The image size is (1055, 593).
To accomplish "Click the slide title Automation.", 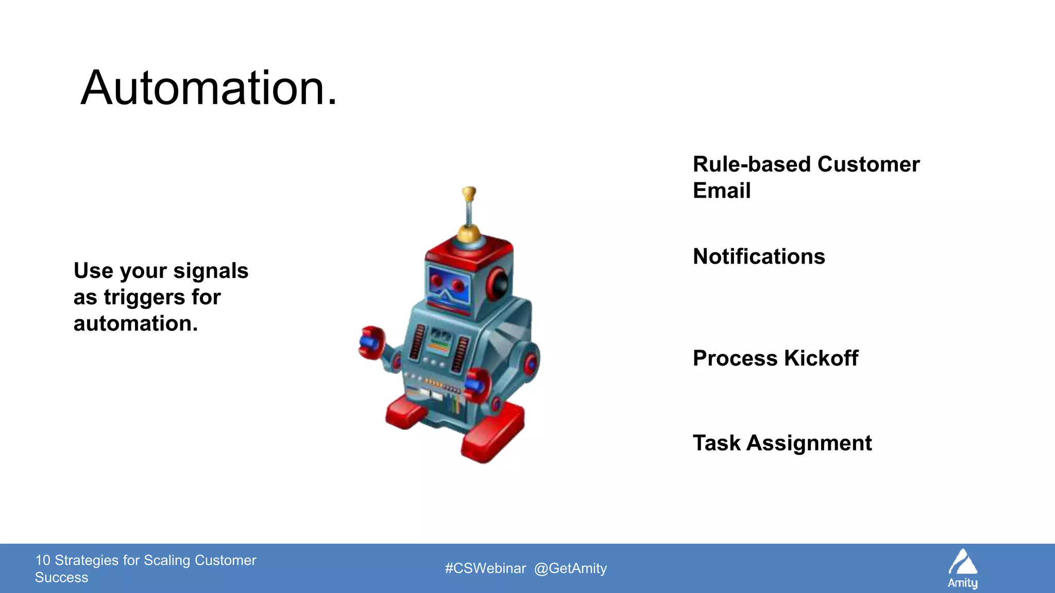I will (209, 89).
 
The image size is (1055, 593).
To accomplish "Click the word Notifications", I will (758, 256).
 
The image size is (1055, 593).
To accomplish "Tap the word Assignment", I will (809, 443).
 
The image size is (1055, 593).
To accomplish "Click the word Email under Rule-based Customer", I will (721, 191).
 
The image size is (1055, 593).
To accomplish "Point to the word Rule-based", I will (752, 165).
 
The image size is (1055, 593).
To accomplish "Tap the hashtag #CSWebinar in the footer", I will (485, 568).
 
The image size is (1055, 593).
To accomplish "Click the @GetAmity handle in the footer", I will (570, 568).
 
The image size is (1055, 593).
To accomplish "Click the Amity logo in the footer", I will (962, 568).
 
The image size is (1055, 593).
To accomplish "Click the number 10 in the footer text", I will (42, 560).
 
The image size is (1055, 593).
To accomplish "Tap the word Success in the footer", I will (61, 578).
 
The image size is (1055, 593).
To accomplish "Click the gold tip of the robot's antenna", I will (468, 194).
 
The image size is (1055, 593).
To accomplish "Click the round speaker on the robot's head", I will (499, 284).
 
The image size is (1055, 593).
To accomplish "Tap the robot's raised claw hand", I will (372, 342).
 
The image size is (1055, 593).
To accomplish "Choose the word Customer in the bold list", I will (868, 165).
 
